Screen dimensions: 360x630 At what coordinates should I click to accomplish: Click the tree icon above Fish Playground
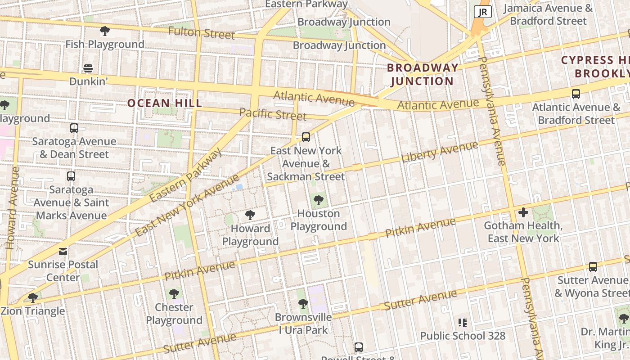[105, 31]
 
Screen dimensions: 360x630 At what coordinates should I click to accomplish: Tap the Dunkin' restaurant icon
[88, 68]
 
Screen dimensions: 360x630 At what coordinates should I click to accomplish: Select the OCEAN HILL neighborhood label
[165, 103]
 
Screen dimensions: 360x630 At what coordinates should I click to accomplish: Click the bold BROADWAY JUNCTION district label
[422, 74]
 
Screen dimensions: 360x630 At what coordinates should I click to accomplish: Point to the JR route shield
[482, 12]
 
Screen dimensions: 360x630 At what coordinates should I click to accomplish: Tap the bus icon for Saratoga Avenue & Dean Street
[74, 128]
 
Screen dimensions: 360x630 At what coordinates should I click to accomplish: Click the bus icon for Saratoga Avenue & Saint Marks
[71, 176]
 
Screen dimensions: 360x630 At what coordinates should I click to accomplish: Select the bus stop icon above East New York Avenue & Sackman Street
[306, 137]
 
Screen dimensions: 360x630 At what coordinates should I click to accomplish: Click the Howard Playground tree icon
[250, 215]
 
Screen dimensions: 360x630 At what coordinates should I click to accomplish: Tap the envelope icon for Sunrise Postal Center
[63, 251]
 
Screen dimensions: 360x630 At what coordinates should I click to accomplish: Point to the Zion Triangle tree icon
[32, 297]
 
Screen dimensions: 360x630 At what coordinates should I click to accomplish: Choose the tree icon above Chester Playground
[174, 294]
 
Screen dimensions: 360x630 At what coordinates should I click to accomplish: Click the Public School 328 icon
[462, 322]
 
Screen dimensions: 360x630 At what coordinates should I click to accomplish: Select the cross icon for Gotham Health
[523, 212]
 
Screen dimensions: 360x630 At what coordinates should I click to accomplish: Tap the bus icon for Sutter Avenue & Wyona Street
[593, 267]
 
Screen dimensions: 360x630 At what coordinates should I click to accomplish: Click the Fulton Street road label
[202, 33]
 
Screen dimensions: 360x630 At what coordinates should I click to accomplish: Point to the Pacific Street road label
[273, 114]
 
